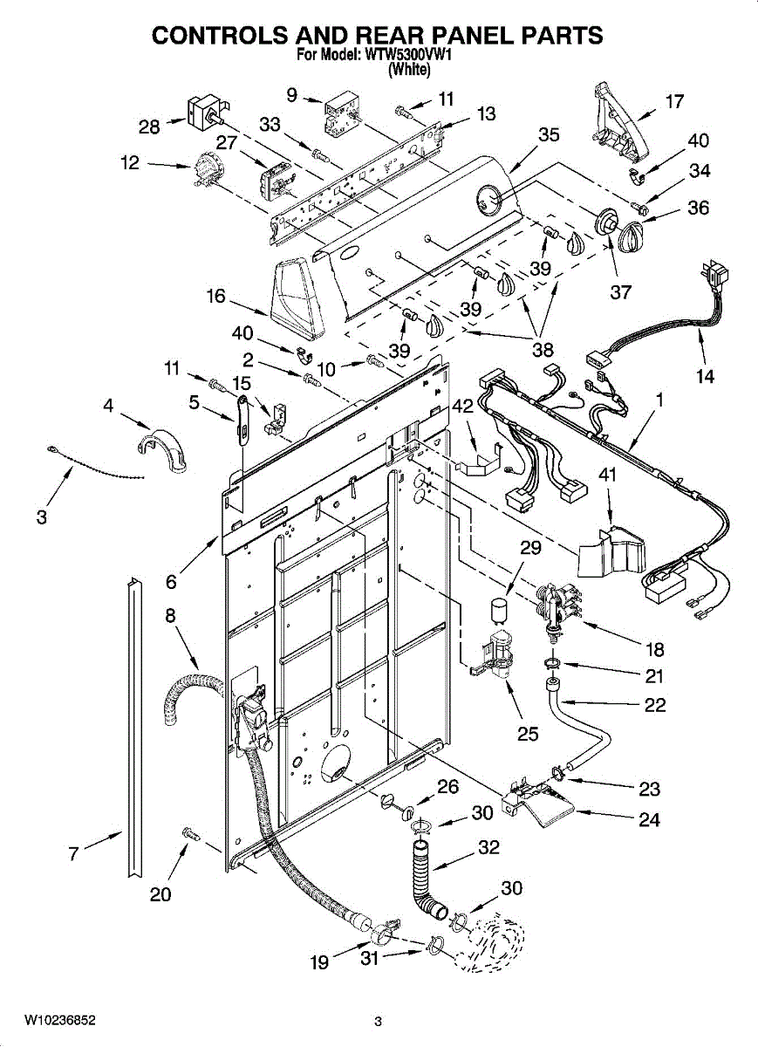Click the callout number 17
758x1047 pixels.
(x=674, y=101)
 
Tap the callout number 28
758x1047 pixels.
(x=149, y=127)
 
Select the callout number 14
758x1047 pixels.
(x=705, y=375)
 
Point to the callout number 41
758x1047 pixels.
(x=607, y=475)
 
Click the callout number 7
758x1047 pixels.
(x=73, y=854)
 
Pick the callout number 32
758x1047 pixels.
(x=488, y=847)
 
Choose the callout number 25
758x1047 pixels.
(x=528, y=734)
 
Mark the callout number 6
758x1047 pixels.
(x=171, y=581)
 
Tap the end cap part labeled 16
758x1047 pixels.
(x=298, y=299)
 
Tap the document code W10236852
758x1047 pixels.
(x=60, y=1016)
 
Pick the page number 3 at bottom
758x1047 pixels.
(x=378, y=1017)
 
